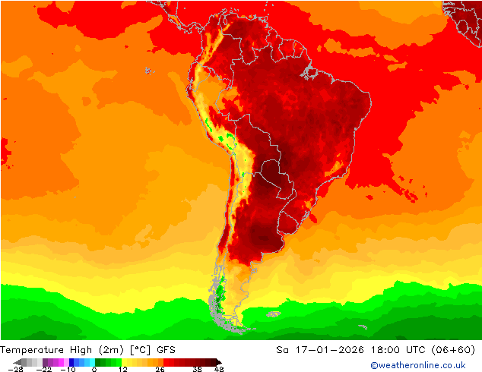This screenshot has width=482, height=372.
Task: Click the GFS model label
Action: [x=167, y=350]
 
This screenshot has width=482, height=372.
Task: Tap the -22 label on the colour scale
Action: [x=44, y=369]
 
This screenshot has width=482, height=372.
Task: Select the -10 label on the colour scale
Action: [x=68, y=369]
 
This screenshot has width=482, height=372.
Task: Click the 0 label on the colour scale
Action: [x=94, y=369]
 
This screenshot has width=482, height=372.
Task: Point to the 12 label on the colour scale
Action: [x=122, y=369]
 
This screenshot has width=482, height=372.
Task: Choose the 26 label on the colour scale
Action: [x=159, y=369]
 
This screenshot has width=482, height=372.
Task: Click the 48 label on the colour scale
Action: [x=219, y=369]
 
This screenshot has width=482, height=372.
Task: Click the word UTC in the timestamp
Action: [x=414, y=350]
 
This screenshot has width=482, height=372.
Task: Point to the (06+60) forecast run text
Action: [x=453, y=350]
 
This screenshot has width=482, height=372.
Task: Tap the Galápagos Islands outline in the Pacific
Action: [x=148, y=71]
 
